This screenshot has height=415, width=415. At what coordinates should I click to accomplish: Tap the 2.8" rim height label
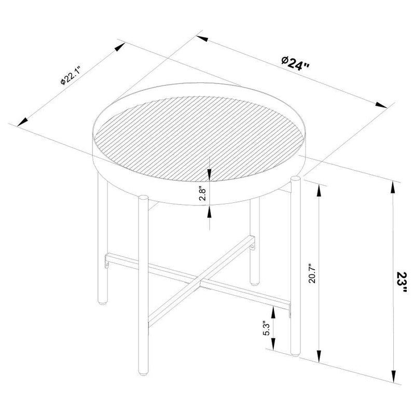click(x=203, y=195)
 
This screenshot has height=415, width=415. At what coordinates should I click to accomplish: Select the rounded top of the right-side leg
click(x=296, y=179)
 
